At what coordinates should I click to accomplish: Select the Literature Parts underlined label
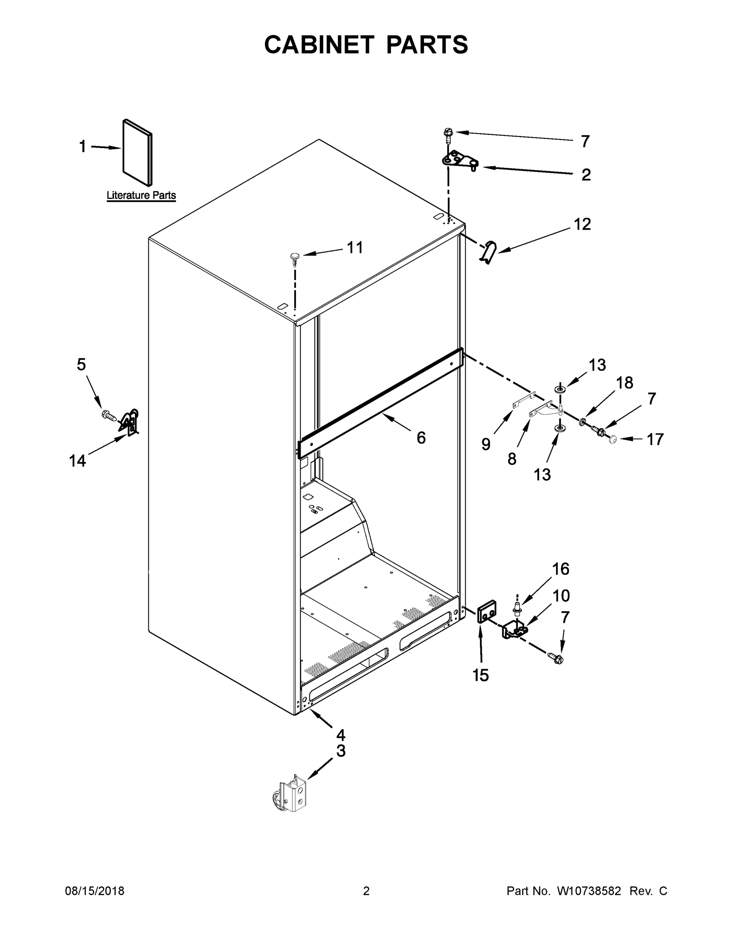pyautogui.click(x=141, y=195)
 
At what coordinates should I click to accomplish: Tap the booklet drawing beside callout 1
pyautogui.click(x=137, y=152)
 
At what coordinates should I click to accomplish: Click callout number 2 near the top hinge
pyautogui.click(x=586, y=175)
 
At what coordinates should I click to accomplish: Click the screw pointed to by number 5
pyautogui.click(x=109, y=416)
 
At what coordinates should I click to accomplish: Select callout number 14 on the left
pyautogui.click(x=78, y=460)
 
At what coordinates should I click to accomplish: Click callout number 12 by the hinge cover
pyautogui.click(x=582, y=224)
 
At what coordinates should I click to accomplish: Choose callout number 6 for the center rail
pyautogui.click(x=421, y=438)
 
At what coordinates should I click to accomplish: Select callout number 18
pyautogui.click(x=624, y=382)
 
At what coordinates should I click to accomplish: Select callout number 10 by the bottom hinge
pyautogui.click(x=561, y=596)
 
